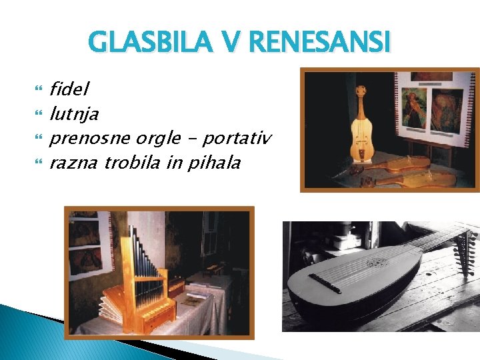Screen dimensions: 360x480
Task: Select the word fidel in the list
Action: tap(69, 88)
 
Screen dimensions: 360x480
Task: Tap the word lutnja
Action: tap(74, 113)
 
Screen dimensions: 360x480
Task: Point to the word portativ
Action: tap(237, 139)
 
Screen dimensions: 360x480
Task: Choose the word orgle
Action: tap(158, 139)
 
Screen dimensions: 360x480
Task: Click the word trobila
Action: tap(132, 163)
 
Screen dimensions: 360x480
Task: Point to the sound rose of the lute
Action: tap(377, 263)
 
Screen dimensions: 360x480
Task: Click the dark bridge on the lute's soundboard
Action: tap(325, 283)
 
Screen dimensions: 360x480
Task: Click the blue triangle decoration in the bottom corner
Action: tap(40, 333)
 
